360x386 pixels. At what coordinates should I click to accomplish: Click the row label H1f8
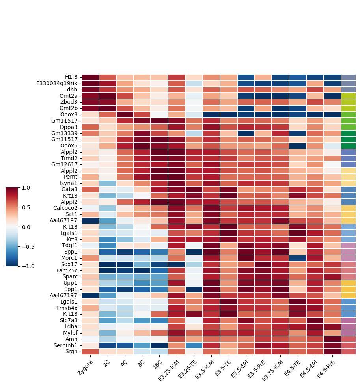(72, 77)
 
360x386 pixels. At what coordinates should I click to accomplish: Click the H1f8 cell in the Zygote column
(91, 77)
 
